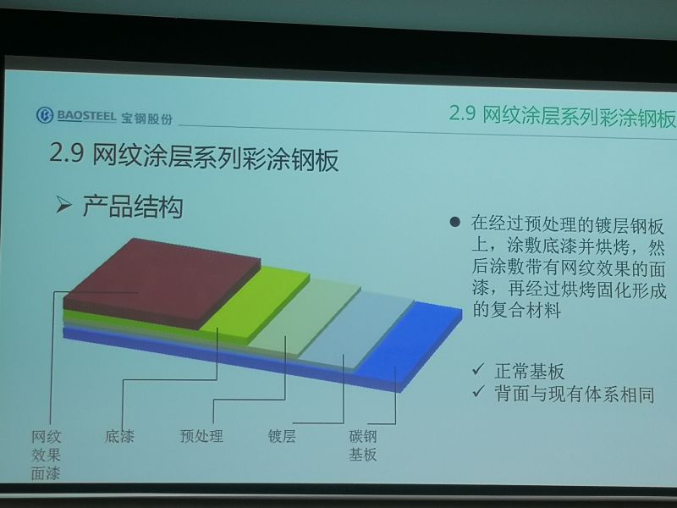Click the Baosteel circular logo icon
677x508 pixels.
point(45,115)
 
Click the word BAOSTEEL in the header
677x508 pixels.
point(86,116)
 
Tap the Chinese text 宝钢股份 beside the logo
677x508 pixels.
point(146,119)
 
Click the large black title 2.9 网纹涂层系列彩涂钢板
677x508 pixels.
point(194,157)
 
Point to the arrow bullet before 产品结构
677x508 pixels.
point(63,204)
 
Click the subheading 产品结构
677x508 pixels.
point(133,206)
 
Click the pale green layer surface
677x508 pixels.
point(305,317)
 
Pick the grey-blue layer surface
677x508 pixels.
point(356,330)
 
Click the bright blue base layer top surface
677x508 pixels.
point(410,344)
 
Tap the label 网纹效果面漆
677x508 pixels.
point(46,455)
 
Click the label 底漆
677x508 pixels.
point(119,436)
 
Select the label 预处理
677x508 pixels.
point(201,436)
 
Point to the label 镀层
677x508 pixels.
point(282,436)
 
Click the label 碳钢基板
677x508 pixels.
point(363,445)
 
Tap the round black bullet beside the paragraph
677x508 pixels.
point(454,222)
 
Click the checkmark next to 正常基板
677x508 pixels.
point(478,369)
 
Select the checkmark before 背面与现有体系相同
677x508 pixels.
point(478,391)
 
